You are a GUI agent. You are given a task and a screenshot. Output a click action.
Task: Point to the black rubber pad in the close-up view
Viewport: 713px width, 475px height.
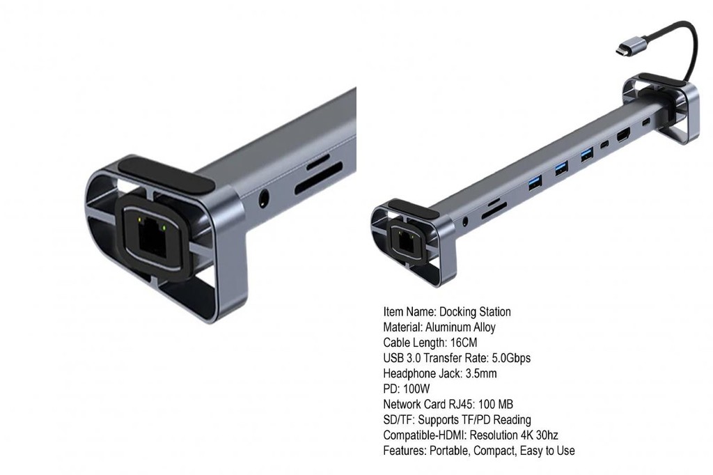(x=166, y=176)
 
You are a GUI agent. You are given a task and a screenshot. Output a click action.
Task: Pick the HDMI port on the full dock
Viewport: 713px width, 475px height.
(x=623, y=136)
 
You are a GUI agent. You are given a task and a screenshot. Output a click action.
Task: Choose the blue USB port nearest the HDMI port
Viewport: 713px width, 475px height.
(x=587, y=155)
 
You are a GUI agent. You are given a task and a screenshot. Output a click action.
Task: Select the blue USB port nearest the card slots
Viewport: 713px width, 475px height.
(x=535, y=182)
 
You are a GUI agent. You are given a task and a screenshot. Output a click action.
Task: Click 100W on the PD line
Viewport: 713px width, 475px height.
(x=416, y=389)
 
